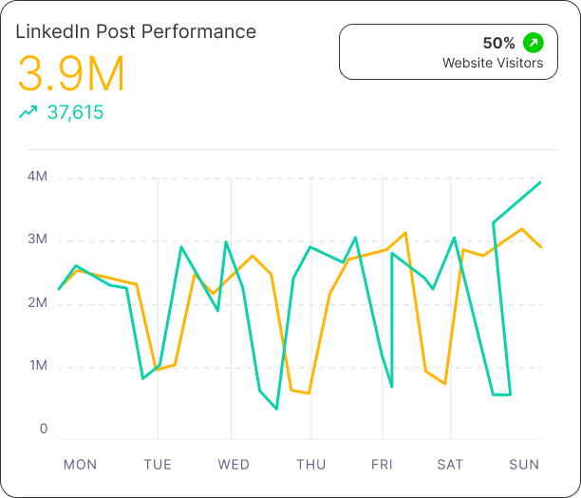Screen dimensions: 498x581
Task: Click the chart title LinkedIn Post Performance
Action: tap(136, 31)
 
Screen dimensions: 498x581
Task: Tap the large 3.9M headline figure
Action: tap(71, 74)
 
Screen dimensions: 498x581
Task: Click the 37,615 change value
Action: tap(75, 113)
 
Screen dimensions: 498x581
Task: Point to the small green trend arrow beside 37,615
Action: tap(28, 112)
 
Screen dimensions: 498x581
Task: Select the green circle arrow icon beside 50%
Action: tap(534, 43)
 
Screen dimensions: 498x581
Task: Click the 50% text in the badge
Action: tap(498, 43)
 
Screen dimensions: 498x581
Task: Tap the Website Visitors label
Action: tap(493, 64)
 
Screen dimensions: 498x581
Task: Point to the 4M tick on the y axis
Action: tap(38, 177)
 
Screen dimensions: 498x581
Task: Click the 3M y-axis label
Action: tap(38, 239)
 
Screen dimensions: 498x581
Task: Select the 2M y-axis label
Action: tap(38, 303)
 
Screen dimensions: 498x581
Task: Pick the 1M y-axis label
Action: tap(38, 367)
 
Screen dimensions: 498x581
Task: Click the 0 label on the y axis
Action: tap(44, 429)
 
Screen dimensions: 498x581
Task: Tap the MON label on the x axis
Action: tap(80, 465)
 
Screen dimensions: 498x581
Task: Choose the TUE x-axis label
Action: tap(158, 465)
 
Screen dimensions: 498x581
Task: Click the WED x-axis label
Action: tap(234, 465)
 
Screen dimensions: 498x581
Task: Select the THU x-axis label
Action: tap(310, 465)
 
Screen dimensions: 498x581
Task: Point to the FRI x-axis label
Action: tap(382, 465)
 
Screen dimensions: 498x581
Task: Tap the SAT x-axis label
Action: tap(450, 465)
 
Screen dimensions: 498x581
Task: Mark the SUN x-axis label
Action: tap(524, 465)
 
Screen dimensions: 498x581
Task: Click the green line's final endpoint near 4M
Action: tap(540, 182)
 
